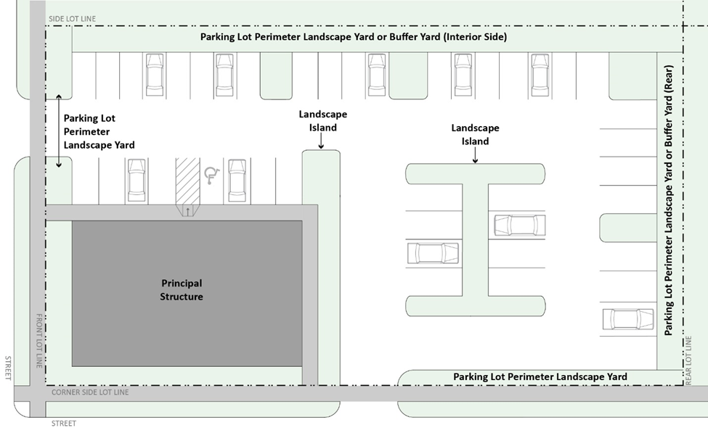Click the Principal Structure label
click(x=182, y=289)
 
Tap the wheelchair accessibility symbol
click(x=212, y=176)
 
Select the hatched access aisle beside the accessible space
click(x=187, y=182)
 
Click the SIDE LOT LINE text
click(x=72, y=18)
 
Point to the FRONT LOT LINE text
click(x=39, y=341)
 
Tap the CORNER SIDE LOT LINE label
click(x=90, y=392)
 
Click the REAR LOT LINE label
click(x=688, y=360)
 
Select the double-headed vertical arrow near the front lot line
click(x=59, y=131)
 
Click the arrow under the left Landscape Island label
click(x=321, y=141)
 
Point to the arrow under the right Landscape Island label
click(x=475, y=155)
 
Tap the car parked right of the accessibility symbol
click(x=237, y=181)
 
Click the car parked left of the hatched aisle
click(x=137, y=181)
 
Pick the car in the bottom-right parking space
click(x=628, y=319)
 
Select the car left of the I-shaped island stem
click(x=433, y=253)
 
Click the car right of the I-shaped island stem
click(x=520, y=225)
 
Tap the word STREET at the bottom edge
click(x=64, y=424)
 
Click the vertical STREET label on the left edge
click(x=8, y=368)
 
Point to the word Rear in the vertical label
click(x=668, y=79)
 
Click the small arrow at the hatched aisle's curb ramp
click(x=188, y=211)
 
